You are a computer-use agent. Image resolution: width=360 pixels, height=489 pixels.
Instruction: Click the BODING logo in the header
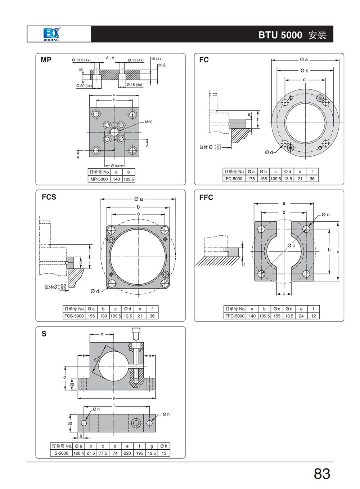[51, 34]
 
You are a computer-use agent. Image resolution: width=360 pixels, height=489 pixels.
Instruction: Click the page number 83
[322, 474]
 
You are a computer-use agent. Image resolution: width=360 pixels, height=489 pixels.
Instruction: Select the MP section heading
[46, 60]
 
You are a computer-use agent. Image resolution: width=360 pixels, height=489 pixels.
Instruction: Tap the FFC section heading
[206, 197]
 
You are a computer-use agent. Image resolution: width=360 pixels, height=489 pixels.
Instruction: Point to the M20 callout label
[149, 122]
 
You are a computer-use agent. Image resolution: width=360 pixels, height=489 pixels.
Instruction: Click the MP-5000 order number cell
[99, 179]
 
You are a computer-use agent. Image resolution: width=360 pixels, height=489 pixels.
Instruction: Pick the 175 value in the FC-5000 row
[251, 179]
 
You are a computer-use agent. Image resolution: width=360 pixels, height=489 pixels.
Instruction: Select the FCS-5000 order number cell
[74, 316]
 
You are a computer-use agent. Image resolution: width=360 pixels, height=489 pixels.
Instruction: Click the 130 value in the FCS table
[103, 316]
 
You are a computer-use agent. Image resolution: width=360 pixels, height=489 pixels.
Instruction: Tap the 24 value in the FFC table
[301, 316]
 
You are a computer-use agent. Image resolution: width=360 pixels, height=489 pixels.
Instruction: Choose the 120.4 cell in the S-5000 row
[78, 453]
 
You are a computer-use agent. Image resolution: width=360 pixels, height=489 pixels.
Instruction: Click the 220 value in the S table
[127, 453]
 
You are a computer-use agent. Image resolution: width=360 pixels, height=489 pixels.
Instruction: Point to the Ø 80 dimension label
[114, 166]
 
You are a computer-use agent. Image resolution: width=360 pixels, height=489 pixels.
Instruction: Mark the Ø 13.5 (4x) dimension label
[81, 60]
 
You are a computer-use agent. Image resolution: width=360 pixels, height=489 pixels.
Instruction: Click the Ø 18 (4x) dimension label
[134, 85]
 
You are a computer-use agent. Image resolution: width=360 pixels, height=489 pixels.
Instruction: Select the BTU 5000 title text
[280, 35]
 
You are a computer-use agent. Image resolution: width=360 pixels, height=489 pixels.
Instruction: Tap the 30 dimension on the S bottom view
[69, 423]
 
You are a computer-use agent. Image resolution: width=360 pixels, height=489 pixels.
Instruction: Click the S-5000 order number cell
[61, 453]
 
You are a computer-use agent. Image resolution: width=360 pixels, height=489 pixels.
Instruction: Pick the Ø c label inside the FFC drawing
[291, 246]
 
